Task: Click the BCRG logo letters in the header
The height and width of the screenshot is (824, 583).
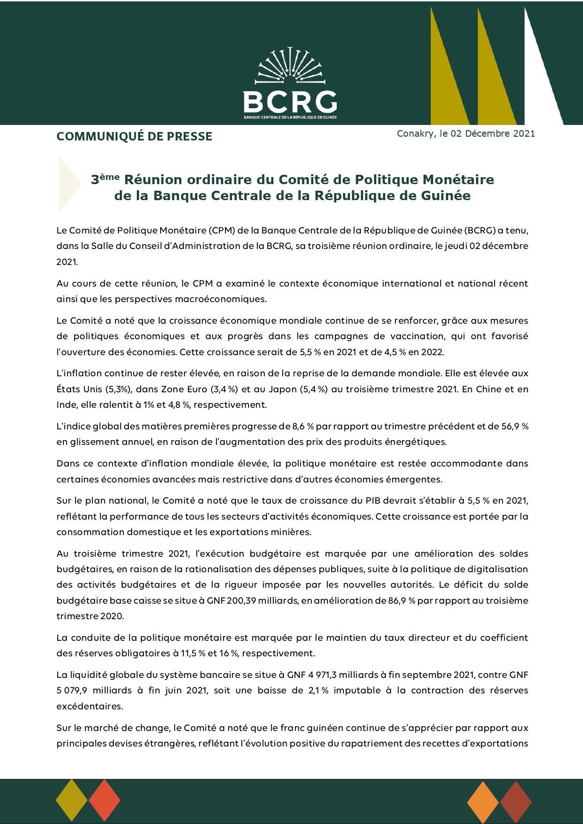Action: click(290, 101)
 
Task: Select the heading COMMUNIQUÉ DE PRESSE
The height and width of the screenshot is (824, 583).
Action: click(134, 136)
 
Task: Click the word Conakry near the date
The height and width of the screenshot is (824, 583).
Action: click(415, 133)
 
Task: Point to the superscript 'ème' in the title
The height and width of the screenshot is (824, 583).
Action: click(110, 177)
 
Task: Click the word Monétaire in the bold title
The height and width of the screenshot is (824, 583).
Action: click(458, 179)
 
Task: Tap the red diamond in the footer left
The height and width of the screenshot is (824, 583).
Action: click(104, 800)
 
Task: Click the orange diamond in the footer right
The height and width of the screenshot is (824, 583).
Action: click(483, 802)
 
